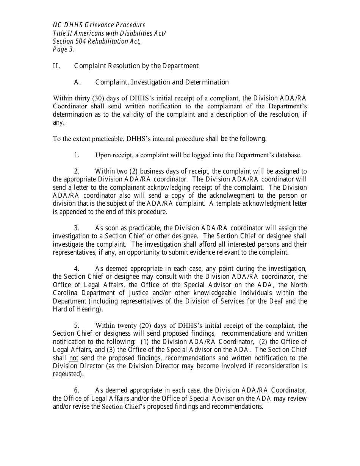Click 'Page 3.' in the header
pyautogui.click(x=63, y=49)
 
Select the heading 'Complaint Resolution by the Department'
pyautogui.click(x=136, y=66)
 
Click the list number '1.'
pyautogui.click(x=76, y=155)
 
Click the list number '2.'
pyautogui.click(x=76, y=171)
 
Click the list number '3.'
pyautogui.click(x=76, y=228)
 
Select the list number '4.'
pyautogui.click(x=76, y=269)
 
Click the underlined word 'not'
pyautogui.click(x=74, y=358)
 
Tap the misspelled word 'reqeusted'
pyautogui.click(x=67, y=374)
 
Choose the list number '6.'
pyautogui.click(x=76, y=390)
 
